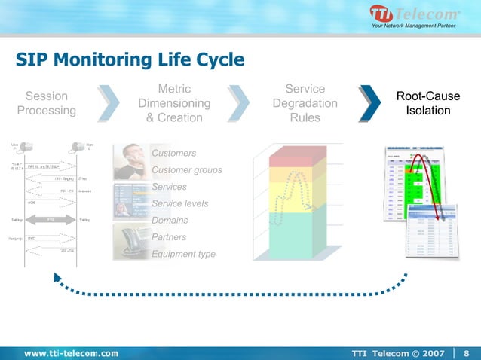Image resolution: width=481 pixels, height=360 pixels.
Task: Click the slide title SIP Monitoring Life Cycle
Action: pos(130,59)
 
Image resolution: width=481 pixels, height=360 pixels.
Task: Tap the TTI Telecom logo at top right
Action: pos(413,16)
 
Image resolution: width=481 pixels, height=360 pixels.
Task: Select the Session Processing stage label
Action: pos(47,104)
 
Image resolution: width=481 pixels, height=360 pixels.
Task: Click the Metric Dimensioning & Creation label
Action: pos(174,104)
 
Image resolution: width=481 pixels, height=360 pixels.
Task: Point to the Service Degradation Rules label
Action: pos(305,104)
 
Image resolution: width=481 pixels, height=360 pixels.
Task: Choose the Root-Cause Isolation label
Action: pos(428,104)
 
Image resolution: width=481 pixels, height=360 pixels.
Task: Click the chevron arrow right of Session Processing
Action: pos(109,104)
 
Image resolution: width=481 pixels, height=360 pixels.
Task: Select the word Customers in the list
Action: pos(173,154)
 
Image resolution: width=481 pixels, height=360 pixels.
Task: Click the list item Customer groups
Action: pos(186,170)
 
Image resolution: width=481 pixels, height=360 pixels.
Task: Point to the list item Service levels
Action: pos(179,204)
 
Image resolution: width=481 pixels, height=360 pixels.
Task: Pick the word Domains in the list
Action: pos(170,221)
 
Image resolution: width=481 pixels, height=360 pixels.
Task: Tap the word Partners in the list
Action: pos(169,237)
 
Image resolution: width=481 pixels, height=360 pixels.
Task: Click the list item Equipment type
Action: pos(183,254)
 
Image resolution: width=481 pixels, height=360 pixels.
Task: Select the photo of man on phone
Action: pos(130,159)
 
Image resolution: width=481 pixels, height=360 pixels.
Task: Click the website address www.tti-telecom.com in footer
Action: pos(71,352)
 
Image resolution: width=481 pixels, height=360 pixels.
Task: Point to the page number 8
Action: pos(466,352)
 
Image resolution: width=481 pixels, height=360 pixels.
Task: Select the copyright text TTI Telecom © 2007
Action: pos(399,352)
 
